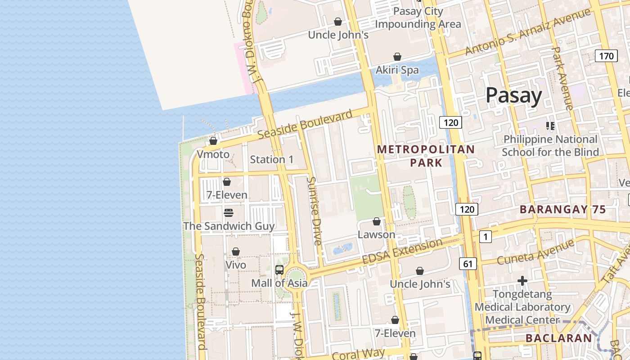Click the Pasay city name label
(513, 96)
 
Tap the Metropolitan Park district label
(426, 156)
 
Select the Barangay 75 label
(562, 209)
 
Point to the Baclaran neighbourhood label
(558, 338)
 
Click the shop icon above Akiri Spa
(397, 57)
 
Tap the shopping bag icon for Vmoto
(213, 141)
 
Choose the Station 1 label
(271, 159)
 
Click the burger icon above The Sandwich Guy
(229, 212)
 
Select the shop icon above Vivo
(235, 252)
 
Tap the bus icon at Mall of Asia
(279, 270)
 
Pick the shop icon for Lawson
(377, 221)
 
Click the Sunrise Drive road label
(314, 211)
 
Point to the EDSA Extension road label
(402, 252)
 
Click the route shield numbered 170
(606, 56)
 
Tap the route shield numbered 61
(468, 264)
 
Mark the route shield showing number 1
(485, 237)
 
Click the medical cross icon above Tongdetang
(522, 281)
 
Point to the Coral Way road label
(358, 354)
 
